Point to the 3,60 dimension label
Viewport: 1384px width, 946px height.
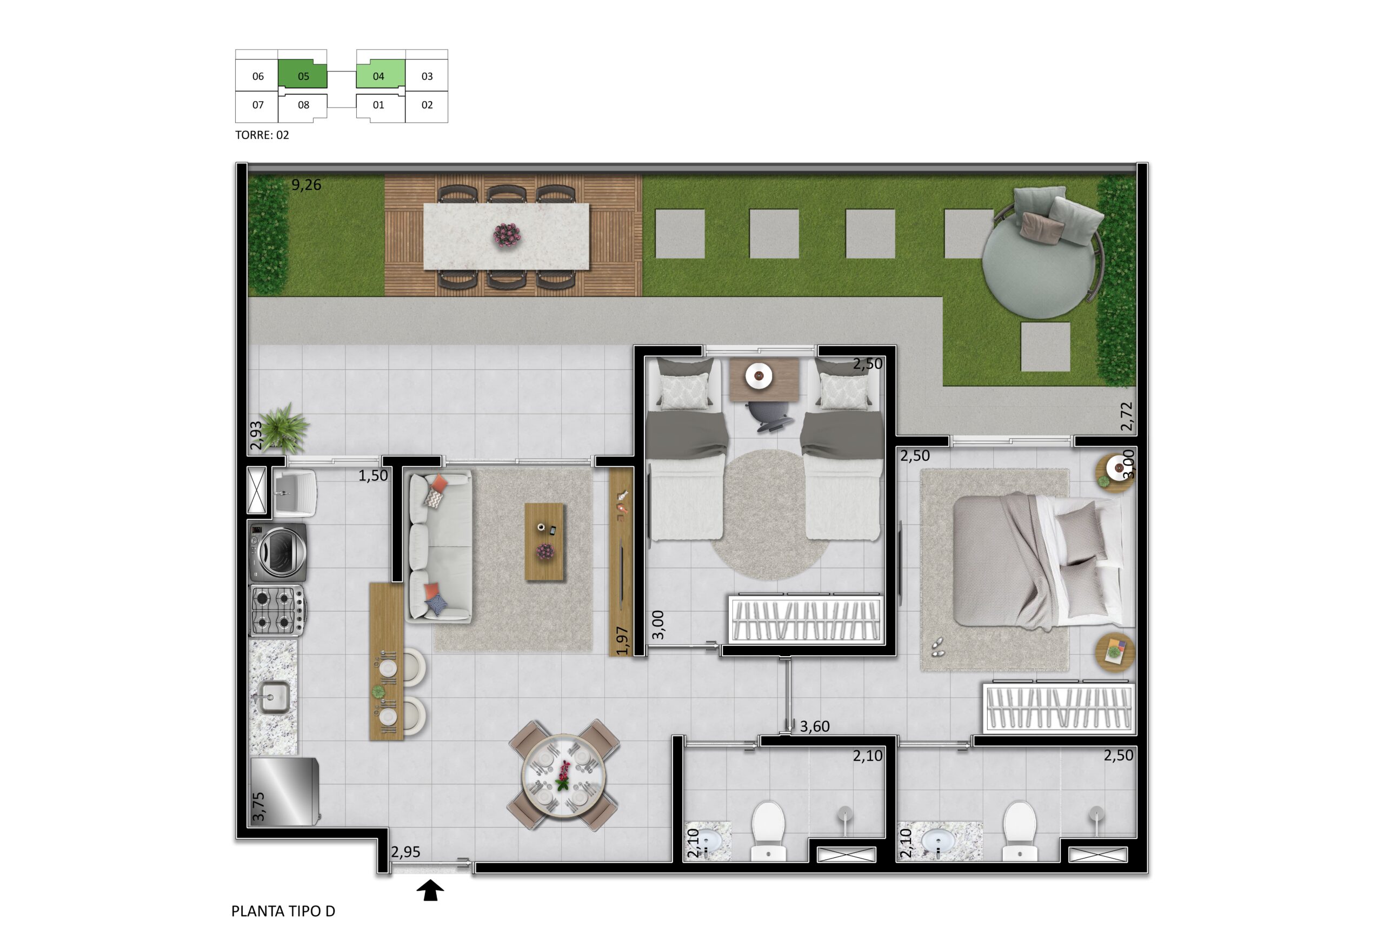click(x=814, y=726)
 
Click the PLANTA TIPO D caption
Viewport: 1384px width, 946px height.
click(x=283, y=911)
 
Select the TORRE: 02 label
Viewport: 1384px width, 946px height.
click(x=262, y=135)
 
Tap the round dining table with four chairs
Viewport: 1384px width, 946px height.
click(x=563, y=775)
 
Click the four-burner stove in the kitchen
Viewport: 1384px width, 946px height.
click(x=278, y=610)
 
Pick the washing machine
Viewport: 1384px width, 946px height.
click(x=278, y=552)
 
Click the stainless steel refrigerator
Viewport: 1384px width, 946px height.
click(x=285, y=791)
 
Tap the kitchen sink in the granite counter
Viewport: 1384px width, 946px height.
click(x=273, y=697)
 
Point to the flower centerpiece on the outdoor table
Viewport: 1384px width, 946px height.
click(x=507, y=235)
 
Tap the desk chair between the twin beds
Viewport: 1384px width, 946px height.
click(x=771, y=415)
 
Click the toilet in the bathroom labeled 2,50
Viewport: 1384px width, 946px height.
click(x=1020, y=830)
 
